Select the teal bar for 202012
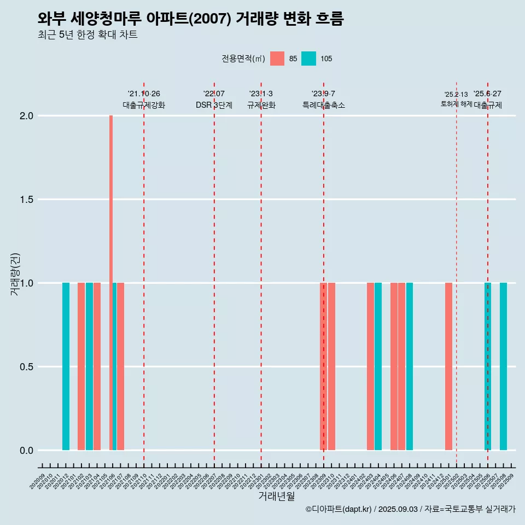(x=66, y=366)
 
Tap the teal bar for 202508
(x=503, y=366)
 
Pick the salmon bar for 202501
(x=448, y=366)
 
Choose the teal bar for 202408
(x=410, y=366)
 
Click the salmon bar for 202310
(x=331, y=366)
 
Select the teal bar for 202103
(x=89, y=366)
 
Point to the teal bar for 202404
(x=378, y=366)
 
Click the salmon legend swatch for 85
(x=277, y=59)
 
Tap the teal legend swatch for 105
(x=308, y=59)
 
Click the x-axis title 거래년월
(x=276, y=497)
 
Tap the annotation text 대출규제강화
(x=143, y=105)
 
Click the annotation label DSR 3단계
(x=214, y=105)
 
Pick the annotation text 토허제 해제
(x=456, y=104)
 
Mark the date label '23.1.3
(x=261, y=94)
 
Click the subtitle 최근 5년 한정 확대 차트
(x=87, y=35)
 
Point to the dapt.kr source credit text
(x=410, y=509)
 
